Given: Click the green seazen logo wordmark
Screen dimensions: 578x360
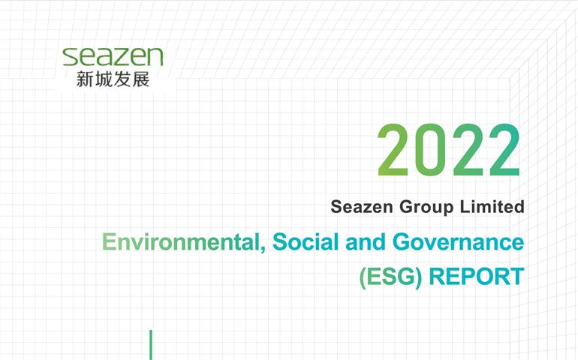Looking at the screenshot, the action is point(113,57).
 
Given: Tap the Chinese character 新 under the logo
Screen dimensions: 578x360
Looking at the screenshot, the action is point(85,79).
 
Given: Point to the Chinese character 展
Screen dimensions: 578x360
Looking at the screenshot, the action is point(141,79).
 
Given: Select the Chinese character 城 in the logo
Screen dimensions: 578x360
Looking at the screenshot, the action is point(104,79).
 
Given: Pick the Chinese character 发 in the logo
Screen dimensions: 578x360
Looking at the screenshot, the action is point(122,79).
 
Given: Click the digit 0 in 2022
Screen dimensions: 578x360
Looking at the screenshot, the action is point(430,150).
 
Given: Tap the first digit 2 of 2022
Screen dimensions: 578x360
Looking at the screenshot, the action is point(393,150).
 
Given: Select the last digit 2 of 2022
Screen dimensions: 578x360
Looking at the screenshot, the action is point(504,150).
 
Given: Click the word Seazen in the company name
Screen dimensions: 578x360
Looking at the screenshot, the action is point(362,207).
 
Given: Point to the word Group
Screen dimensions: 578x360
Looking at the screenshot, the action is point(426,208).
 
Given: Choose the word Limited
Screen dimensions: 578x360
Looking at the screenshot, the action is point(492,206).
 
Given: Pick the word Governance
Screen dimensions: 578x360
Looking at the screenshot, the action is point(458,242).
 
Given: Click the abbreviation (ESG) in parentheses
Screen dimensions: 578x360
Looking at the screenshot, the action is point(391,277).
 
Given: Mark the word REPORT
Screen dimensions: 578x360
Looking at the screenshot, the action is point(477,276).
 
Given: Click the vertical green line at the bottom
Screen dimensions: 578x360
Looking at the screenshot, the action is point(151,345).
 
